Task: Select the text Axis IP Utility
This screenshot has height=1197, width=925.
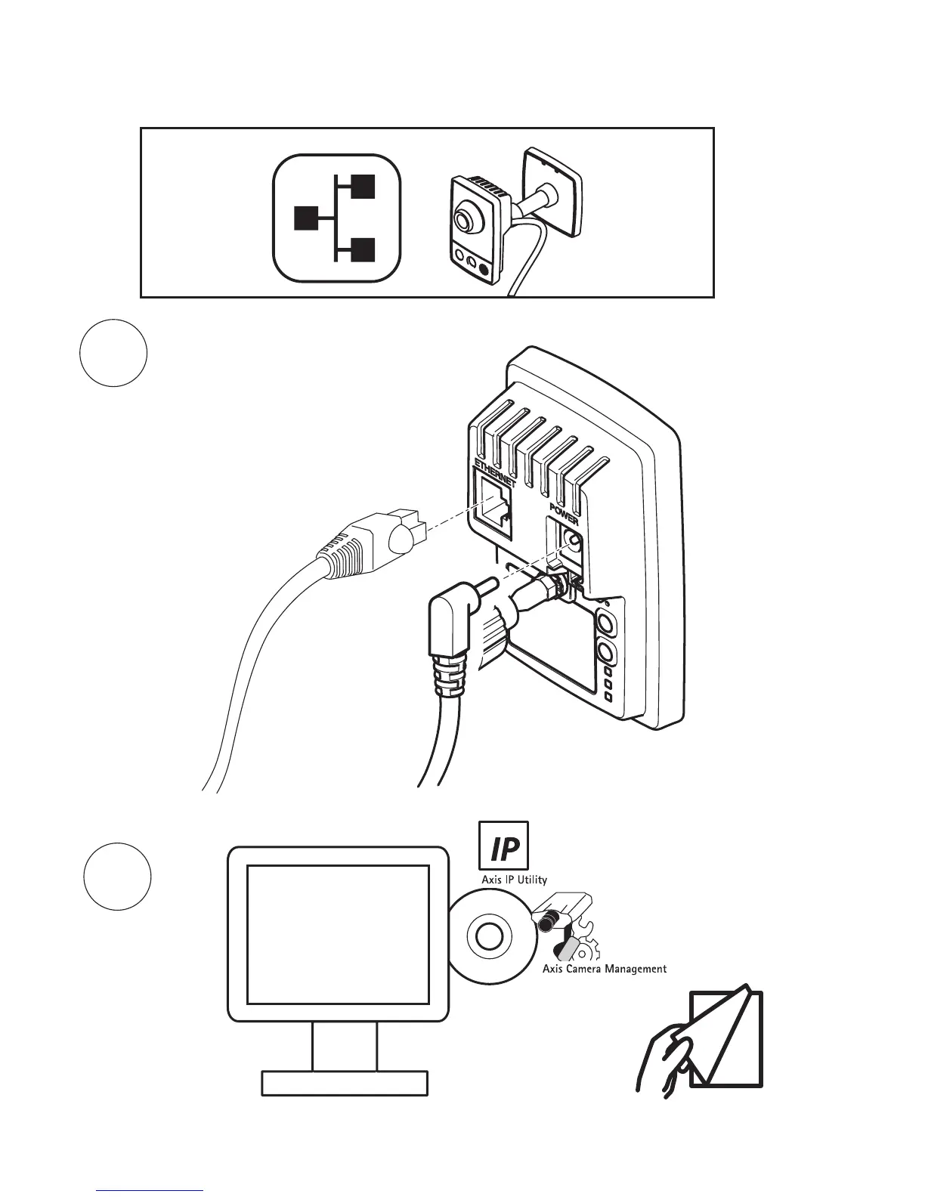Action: click(x=515, y=880)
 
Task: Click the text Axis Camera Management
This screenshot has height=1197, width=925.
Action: click(x=605, y=968)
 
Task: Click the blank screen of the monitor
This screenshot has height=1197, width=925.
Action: click(x=338, y=934)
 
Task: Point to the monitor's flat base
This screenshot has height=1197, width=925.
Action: click(x=344, y=1082)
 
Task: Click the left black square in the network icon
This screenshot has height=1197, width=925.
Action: click(x=305, y=218)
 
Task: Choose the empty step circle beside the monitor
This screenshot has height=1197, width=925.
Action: click(x=116, y=877)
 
